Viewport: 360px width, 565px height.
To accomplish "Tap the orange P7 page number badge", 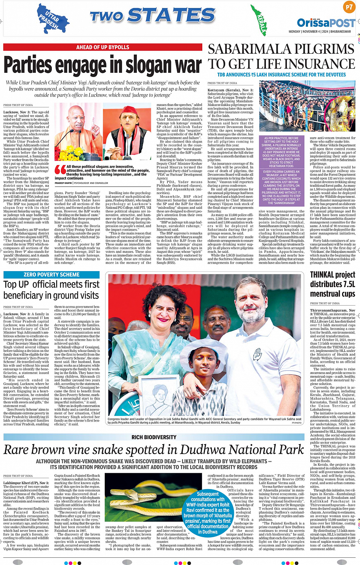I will (x=349, y=7).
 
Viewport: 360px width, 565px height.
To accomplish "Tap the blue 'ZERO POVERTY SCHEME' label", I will (x=51, y=274).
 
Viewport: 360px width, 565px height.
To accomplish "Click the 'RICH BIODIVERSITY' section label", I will (x=154, y=437).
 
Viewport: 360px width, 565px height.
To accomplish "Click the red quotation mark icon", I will (x=60, y=169).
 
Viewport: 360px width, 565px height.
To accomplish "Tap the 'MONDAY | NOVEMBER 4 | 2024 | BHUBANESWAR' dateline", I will (x=320, y=32).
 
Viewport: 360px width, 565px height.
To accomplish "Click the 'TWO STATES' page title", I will (x=152, y=16).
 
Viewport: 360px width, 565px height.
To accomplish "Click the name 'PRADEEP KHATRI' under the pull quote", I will (x=63, y=183).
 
